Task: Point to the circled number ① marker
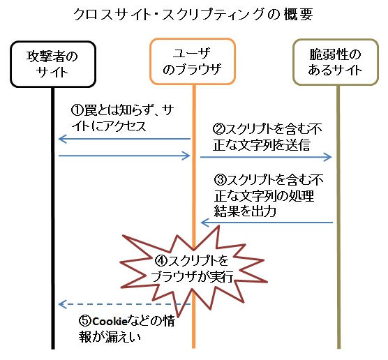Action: pos(77,110)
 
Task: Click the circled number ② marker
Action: pos(219,128)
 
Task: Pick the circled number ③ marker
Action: pos(221,179)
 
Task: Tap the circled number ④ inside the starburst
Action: pos(161,260)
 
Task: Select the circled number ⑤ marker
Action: pos(85,321)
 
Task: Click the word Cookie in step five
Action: pos(110,322)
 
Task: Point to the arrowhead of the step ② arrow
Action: pos(330,157)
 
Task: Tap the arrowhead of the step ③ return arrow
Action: pos(202,223)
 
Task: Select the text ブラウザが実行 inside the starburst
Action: pos(193,276)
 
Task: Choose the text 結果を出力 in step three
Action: pos(245,211)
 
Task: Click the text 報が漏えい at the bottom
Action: pos(110,337)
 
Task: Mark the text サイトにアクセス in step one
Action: pos(109,126)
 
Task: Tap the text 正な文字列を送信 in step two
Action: pos(261,145)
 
